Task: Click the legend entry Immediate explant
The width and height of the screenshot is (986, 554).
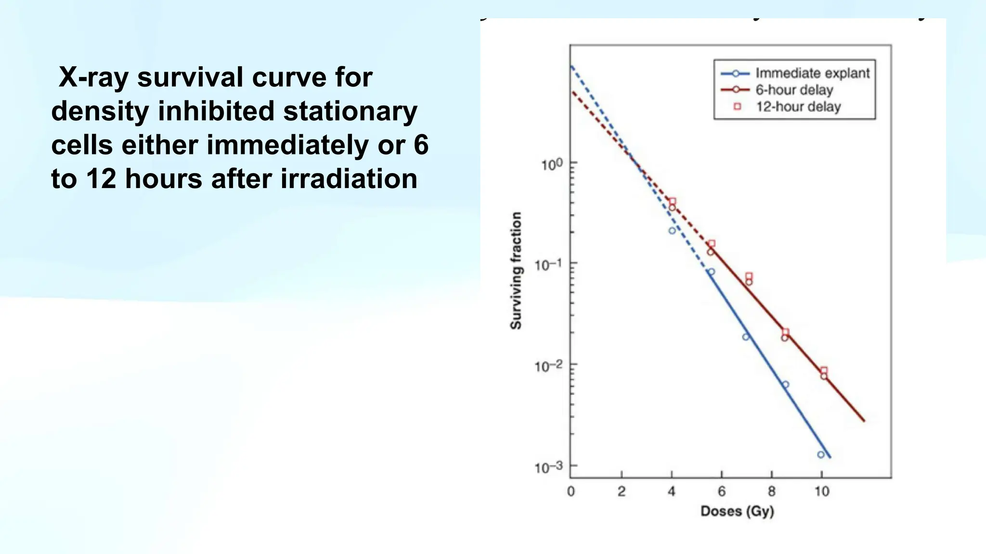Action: click(x=812, y=73)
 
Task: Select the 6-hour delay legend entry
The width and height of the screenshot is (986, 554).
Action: click(x=794, y=90)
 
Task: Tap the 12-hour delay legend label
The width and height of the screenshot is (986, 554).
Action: click(x=798, y=106)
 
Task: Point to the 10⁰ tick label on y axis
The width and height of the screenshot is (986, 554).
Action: click(x=551, y=165)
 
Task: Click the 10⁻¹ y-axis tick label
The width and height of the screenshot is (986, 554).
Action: click(x=548, y=265)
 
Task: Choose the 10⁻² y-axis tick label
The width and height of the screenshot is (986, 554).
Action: click(x=548, y=366)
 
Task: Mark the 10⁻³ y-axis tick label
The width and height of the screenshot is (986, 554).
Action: click(x=548, y=467)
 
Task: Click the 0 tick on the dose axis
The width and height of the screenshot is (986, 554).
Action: click(x=571, y=491)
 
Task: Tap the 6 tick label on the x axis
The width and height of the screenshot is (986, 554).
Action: click(x=721, y=491)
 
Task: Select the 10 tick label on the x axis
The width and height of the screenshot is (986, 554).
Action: click(x=822, y=491)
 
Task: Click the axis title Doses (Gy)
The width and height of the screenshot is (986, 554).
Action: click(x=737, y=511)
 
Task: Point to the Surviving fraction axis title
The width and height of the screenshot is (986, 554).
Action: click(x=516, y=271)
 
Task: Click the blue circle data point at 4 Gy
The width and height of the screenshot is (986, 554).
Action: click(x=672, y=231)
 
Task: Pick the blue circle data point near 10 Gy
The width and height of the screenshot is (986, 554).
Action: click(x=821, y=454)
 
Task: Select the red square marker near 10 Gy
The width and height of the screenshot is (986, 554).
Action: click(x=824, y=370)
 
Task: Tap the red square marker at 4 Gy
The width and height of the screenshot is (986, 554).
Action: click(x=673, y=201)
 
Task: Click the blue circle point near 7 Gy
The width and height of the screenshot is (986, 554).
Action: click(x=746, y=337)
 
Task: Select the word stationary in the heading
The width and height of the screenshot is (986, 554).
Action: click(x=350, y=111)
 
